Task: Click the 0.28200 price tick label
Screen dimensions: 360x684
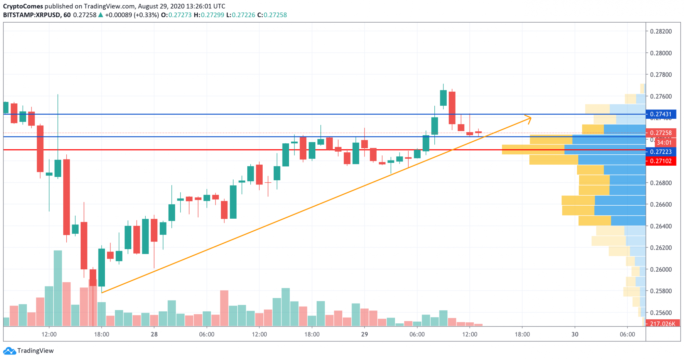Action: pos(660,31)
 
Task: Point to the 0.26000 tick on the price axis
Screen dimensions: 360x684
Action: pos(660,269)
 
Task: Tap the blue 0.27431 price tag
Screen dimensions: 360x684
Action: pos(660,114)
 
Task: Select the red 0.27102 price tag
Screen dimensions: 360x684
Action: pos(660,161)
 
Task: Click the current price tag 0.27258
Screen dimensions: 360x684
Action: pos(660,133)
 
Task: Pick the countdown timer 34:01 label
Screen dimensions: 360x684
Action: pos(663,142)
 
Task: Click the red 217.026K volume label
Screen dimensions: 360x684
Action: pos(662,323)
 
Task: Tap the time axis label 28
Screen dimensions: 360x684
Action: pos(154,334)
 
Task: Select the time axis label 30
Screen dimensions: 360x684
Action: pos(575,334)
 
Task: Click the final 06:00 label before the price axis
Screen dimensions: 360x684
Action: pos(627,334)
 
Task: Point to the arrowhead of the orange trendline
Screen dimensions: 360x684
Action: pos(530,118)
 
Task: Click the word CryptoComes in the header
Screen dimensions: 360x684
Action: pos(23,6)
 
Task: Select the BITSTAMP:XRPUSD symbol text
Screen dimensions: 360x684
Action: pos(31,15)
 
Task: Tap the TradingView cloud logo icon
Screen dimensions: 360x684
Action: pos(9,351)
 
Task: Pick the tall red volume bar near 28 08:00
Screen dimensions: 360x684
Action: pos(224,308)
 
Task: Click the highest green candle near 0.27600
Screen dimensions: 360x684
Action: pos(443,98)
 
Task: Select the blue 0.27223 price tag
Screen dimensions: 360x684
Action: pos(660,152)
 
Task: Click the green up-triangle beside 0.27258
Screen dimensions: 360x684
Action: pos(101,15)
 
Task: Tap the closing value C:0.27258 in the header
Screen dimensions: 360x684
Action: pos(272,15)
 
